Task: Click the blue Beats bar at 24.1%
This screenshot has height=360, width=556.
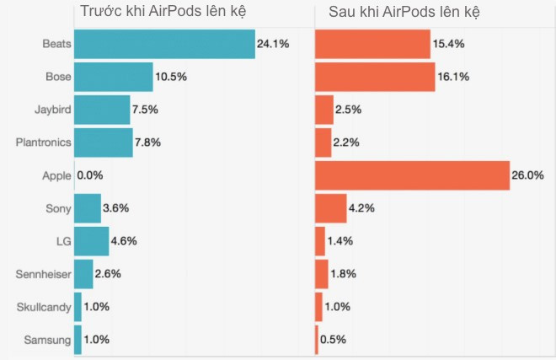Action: pyautogui.click(x=164, y=44)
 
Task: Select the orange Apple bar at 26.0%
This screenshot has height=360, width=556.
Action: pyautogui.click(x=412, y=175)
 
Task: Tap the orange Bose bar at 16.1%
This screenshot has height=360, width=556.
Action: pyautogui.click(x=375, y=77)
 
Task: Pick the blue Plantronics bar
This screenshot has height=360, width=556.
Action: pyautogui.click(x=103, y=142)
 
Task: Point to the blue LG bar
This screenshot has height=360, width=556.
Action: pyautogui.click(x=91, y=241)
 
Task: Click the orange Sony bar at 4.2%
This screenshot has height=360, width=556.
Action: pyautogui.click(x=330, y=208)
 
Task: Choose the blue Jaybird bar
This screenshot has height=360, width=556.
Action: pyautogui.click(x=102, y=110)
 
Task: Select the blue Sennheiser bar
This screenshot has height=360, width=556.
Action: pyautogui.click(x=83, y=274)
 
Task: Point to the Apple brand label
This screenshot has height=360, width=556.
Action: pyautogui.click(x=56, y=175)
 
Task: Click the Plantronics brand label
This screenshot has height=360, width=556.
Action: pyautogui.click(x=43, y=142)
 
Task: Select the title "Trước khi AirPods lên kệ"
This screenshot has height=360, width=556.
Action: pyautogui.click(x=162, y=13)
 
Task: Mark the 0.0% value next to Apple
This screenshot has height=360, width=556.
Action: pyautogui.click(x=89, y=175)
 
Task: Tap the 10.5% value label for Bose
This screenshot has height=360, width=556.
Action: pyautogui.click(x=170, y=77)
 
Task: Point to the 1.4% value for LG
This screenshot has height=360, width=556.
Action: pyautogui.click(x=341, y=241)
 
